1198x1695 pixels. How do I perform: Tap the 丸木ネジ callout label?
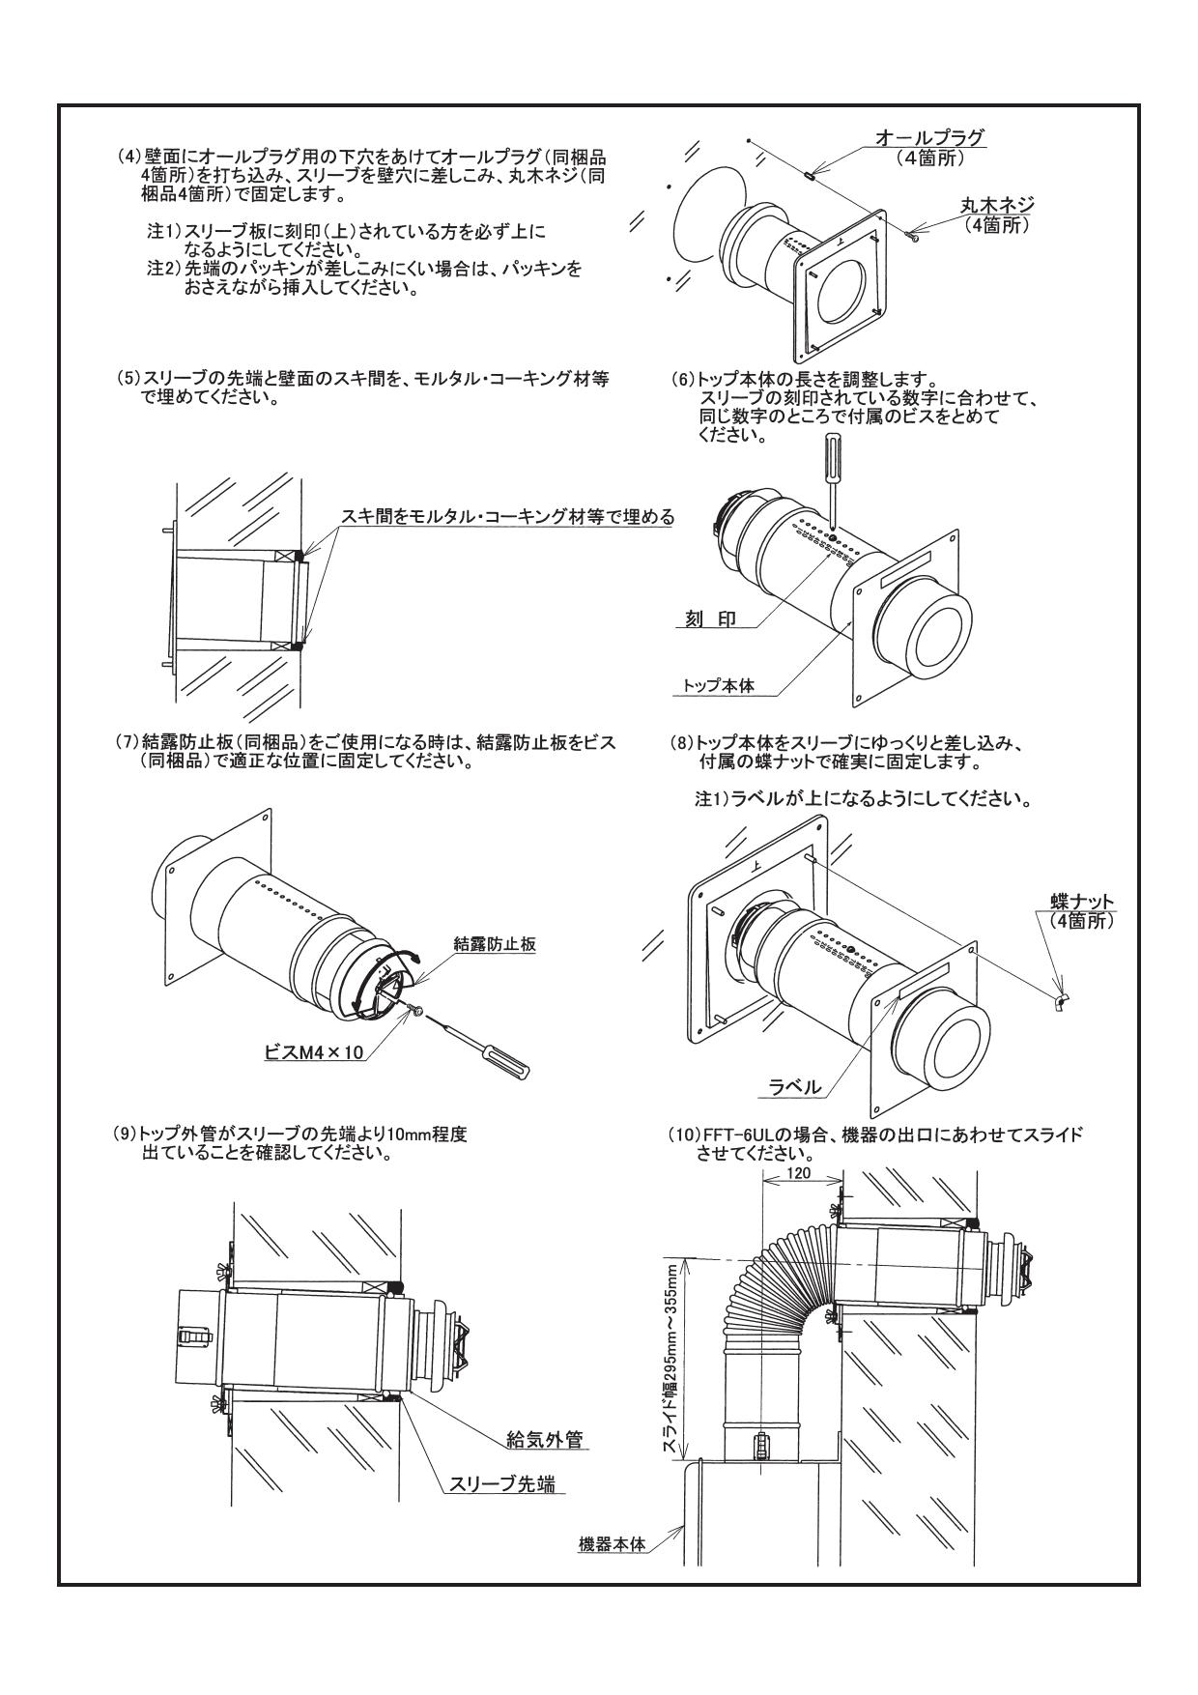point(997,205)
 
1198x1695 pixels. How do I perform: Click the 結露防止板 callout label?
point(495,944)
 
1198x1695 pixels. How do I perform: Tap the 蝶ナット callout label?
point(1081,902)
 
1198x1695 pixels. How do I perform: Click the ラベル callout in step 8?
point(794,1087)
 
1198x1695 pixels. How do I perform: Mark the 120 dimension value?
point(798,1172)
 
